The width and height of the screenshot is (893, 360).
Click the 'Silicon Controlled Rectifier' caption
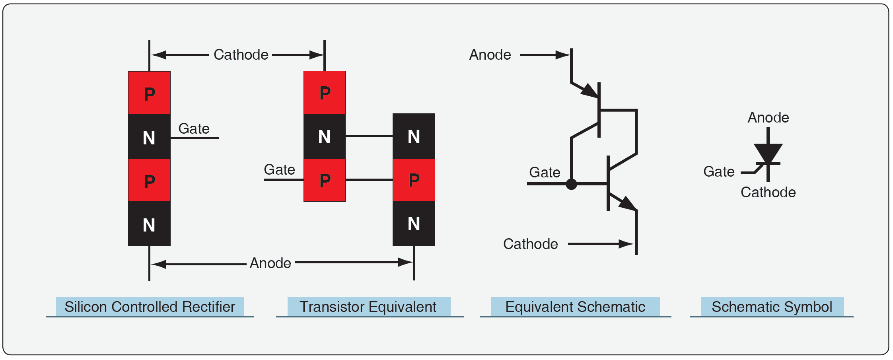pyautogui.click(x=150, y=307)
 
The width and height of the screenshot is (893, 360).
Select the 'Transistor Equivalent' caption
pyautogui.click(x=368, y=307)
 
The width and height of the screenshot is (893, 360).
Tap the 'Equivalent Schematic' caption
pyautogui.click(x=575, y=307)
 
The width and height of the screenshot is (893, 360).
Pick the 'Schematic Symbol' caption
pyautogui.click(x=772, y=307)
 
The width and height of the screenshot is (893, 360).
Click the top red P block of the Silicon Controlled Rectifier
pyautogui.click(x=149, y=93)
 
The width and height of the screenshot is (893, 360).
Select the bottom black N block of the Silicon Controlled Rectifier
pyautogui.click(x=149, y=224)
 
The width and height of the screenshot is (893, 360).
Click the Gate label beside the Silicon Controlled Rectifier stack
pyautogui.click(x=194, y=129)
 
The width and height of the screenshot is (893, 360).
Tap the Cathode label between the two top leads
pyautogui.click(x=241, y=55)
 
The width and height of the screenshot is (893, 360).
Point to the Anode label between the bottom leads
pyautogui.click(x=270, y=263)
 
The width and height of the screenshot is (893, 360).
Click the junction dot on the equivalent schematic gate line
pyautogui.click(x=571, y=184)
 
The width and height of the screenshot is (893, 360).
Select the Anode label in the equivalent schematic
pyautogui.click(x=490, y=55)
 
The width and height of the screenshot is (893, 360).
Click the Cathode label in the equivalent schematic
pyautogui.click(x=530, y=244)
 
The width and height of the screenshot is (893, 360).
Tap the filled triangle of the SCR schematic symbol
pyautogui.click(x=768, y=153)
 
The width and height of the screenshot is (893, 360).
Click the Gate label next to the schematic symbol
pyautogui.click(x=718, y=172)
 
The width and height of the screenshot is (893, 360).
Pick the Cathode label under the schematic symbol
pyautogui.click(x=768, y=193)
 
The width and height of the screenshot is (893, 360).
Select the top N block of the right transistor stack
pyautogui.click(x=414, y=136)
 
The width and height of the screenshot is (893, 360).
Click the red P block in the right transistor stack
pyautogui.click(x=414, y=180)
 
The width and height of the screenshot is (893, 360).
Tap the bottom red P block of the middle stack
pyautogui.click(x=325, y=180)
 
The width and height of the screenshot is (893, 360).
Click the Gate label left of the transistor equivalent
pyautogui.click(x=279, y=170)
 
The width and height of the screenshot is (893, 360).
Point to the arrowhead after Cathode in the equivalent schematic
pyautogui.click(x=626, y=244)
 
